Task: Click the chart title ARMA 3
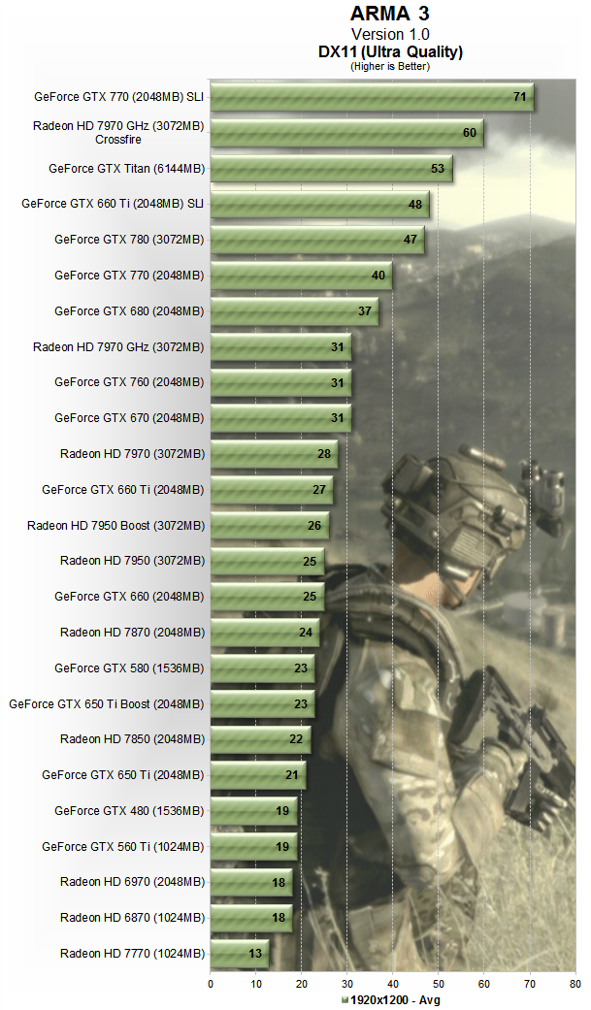point(389,15)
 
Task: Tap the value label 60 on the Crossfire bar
point(470,133)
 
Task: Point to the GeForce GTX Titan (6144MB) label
point(126,168)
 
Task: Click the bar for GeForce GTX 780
point(316,240)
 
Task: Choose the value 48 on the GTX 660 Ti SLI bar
point(415,205)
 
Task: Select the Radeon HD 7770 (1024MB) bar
point(239,954)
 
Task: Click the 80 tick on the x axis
point(575,984)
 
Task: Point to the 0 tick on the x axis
point(211,984)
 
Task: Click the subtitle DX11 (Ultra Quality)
point(389,51)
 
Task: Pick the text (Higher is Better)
point(389,66)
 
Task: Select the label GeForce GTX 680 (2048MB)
point(129,311)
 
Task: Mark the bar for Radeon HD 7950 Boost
point(269,526)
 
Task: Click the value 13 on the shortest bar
point(256,954)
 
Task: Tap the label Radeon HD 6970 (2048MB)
point(132,882)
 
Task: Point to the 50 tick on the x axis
point(438,984)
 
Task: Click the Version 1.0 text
point(389,34)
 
